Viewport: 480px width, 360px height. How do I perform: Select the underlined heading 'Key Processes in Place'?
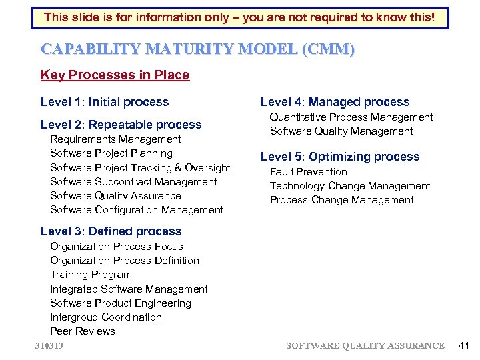click(x=115, y=75)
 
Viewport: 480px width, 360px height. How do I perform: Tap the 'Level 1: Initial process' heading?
click(x=105, y=102)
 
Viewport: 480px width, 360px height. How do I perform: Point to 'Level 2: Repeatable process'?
click(x=121, y=125)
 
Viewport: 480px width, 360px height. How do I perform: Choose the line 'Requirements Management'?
click(x=115, y=139)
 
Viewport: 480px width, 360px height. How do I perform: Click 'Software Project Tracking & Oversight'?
click(x=140, y=168)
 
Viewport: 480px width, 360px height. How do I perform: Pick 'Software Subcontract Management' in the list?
click(x=133, y=182)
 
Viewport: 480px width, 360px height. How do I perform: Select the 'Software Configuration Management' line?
click(x=137, y=210)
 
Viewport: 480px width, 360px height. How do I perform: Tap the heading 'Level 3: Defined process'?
click(x=111, y=231)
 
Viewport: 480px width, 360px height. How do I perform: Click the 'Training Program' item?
click(x=91, y=275)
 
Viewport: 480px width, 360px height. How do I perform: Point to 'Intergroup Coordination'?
click(x=106, y=317)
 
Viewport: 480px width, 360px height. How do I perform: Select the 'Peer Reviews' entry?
click(x=83, y=331)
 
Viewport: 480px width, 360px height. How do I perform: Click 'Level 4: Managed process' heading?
click(x=335, y=102)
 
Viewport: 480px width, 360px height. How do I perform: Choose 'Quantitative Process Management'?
click(x=351, y=117)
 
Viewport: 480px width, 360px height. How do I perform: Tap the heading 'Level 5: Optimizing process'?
click(x=340, y=157)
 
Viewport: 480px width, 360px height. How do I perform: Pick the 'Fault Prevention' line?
click(x=309, y=172)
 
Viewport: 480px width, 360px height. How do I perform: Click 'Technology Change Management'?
click(x=350, y=186)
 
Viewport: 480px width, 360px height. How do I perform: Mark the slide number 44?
click(x=464, y=345)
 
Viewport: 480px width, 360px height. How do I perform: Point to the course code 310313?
click(x=54, y=345)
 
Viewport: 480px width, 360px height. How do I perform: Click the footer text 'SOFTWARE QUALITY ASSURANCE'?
click(x=365, y=345)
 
